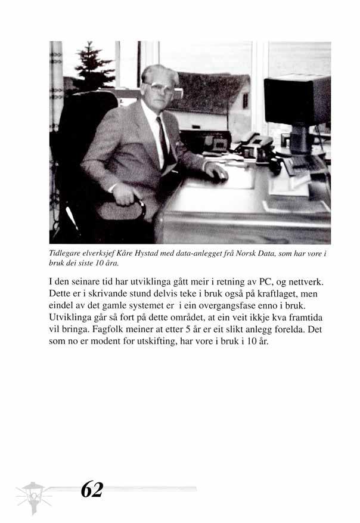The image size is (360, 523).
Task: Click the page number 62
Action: [x=91, y=490]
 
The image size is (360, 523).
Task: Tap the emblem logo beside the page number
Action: [x=33, y=494]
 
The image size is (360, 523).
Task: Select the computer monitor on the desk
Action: [x=296, y=101]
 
